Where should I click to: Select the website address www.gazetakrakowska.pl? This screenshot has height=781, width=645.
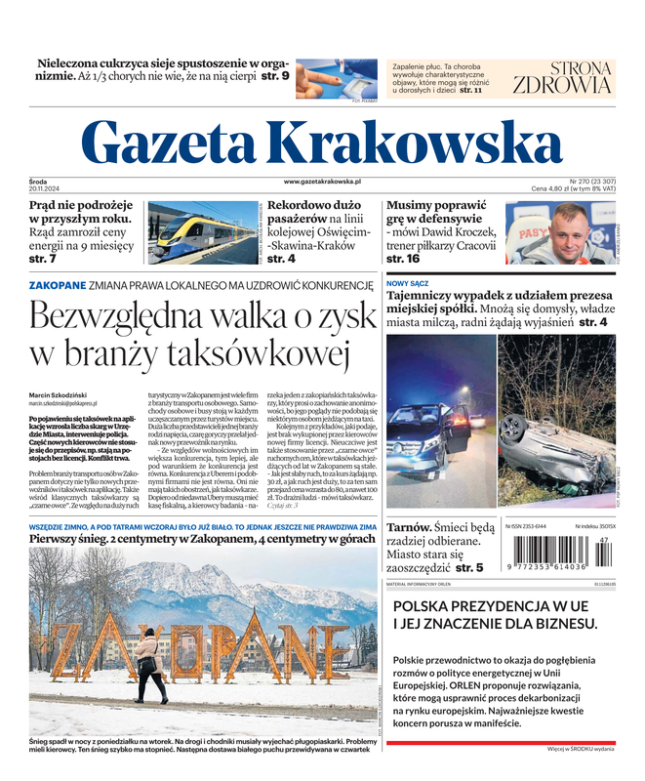coord(322,182)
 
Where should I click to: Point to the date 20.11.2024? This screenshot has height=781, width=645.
coord(45,189)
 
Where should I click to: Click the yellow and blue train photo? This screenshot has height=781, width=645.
coord(203,232)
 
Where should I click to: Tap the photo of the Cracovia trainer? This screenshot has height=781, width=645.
coord(559,232)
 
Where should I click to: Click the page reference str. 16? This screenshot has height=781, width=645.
coord(402,260)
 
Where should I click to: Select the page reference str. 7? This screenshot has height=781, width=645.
coord(43,260)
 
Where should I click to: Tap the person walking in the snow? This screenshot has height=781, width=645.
coord(147,663)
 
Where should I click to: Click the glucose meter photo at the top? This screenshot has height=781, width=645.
coord(336,78)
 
